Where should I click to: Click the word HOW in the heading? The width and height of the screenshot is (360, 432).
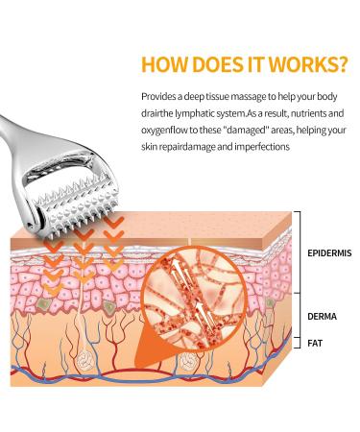tap(163, 64)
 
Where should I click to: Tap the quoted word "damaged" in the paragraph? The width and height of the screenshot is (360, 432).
tap(251, 130)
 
